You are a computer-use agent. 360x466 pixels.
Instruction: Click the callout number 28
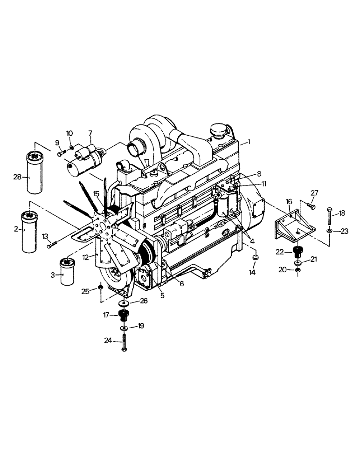pyautogui.click(x=17, y=177)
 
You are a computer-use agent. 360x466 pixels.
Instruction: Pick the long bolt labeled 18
pyautogui.click(x=329, y=217)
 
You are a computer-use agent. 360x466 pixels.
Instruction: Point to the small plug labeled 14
pyautogui.click(x=256, y=258)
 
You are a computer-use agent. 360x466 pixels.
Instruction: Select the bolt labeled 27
pyautogui.click(x=312, y=206)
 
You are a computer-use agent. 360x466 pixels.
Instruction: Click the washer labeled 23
pyautogui.click(x=329, y=230)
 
